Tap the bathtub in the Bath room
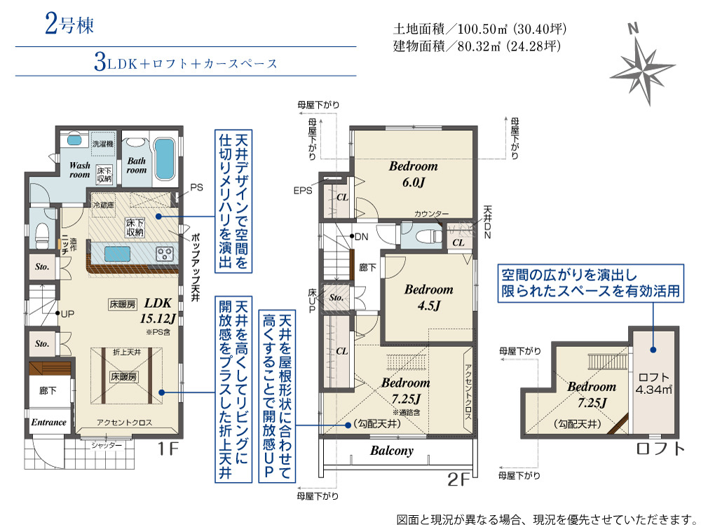pyautogui.click(x=164, y=159)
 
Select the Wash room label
pyautogui.click(x=80, y=170)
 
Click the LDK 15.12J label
pyautogui.click(x=158, y=311)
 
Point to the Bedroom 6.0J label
pyautogui.click(x=414, y=174)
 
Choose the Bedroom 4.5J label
pyautogui.click(x=429, y=297)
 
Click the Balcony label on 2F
pyautogui.click(x=392, y=451)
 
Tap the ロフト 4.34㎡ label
pyautogui.click(x=653, y=383)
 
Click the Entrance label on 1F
pyautogui.click(x=49, y=422)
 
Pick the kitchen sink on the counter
pyautogui.click(x=118, y=254)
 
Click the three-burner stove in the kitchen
pyautogui.click(x=164, y=254)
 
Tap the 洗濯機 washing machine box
pyautogui.click(x=103, y=144)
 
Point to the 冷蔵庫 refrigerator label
pyautogui.click(x=103, y=205)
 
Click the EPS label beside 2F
pyautogui.click(x=303, y=191)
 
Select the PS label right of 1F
pyautogui.click(x=197, y=187)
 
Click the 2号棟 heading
pyautogui.click(x=69, y=24)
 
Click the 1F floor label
pyautogui.click(x=168, y=448)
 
